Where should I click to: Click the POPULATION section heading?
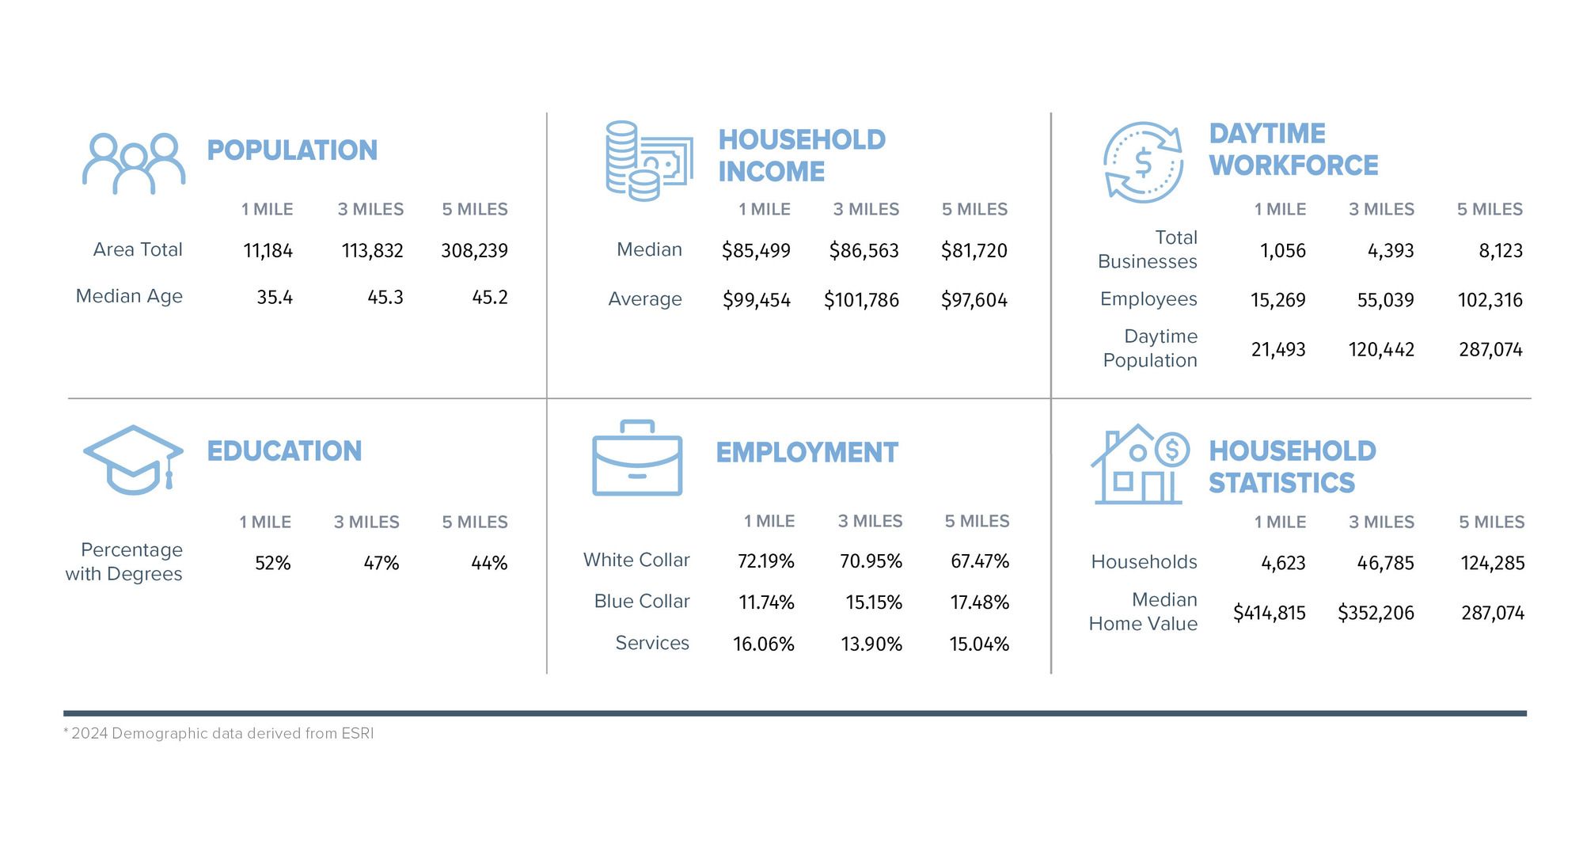click(x=292, y=150)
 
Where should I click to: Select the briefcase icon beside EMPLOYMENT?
click(x=637, y=458)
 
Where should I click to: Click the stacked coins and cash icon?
click(x=648, y=161)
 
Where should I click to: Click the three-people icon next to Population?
click(x=134, y=164)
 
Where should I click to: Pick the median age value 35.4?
click(x=274, y=298)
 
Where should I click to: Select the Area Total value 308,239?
click(x=474, y=251)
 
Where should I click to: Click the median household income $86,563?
click(x=864, y=251)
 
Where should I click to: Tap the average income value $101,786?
click(x=861, y=301)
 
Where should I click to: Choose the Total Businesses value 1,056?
click(x=1282, y=251)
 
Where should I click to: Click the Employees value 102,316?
click(x=1490, y=301)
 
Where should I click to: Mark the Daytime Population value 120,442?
click(x=1381, y=350)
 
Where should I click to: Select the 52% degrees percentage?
click(x=272, y=564)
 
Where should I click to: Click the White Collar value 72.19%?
click(x=765, y=561)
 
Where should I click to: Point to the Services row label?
click(x=652, y=643)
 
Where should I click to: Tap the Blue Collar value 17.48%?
click(x=979, y=603)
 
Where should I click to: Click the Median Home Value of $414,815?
click(x=1269, y=613)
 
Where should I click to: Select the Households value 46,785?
click(x=1385, y=564)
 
